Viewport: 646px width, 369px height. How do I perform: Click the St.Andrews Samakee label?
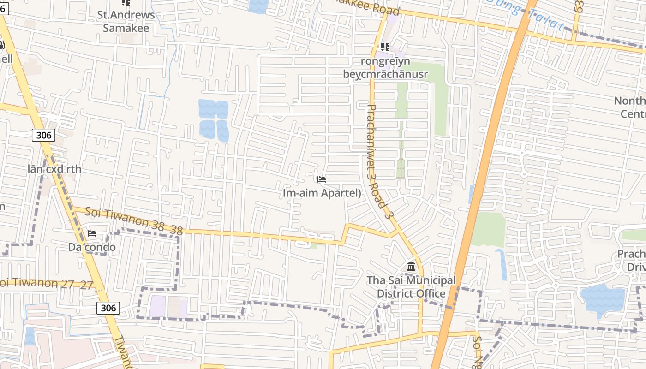click(126, 21)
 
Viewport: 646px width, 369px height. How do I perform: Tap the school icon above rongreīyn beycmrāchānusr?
click(385, 47)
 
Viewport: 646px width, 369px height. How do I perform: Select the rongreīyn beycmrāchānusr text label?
click(385, 67)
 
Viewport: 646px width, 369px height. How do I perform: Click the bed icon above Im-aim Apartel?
click(322, 179)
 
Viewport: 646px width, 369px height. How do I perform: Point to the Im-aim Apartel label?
click(322, 193)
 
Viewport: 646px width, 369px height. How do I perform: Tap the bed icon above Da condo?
click(92, 233)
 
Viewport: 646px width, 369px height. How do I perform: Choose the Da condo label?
click(92, 247)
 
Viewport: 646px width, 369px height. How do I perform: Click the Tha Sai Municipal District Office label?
click(411, 287)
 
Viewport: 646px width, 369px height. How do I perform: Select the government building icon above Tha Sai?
click(411, 267)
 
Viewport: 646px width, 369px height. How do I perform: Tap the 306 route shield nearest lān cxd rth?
click(44, 135)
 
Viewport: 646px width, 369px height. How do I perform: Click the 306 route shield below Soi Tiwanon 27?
click(108, 308)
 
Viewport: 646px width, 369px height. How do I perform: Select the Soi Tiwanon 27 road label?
click(46, 283)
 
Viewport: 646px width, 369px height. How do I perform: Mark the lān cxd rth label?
click(54, 169)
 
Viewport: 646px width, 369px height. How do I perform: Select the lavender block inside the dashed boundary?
click(157, 306)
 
